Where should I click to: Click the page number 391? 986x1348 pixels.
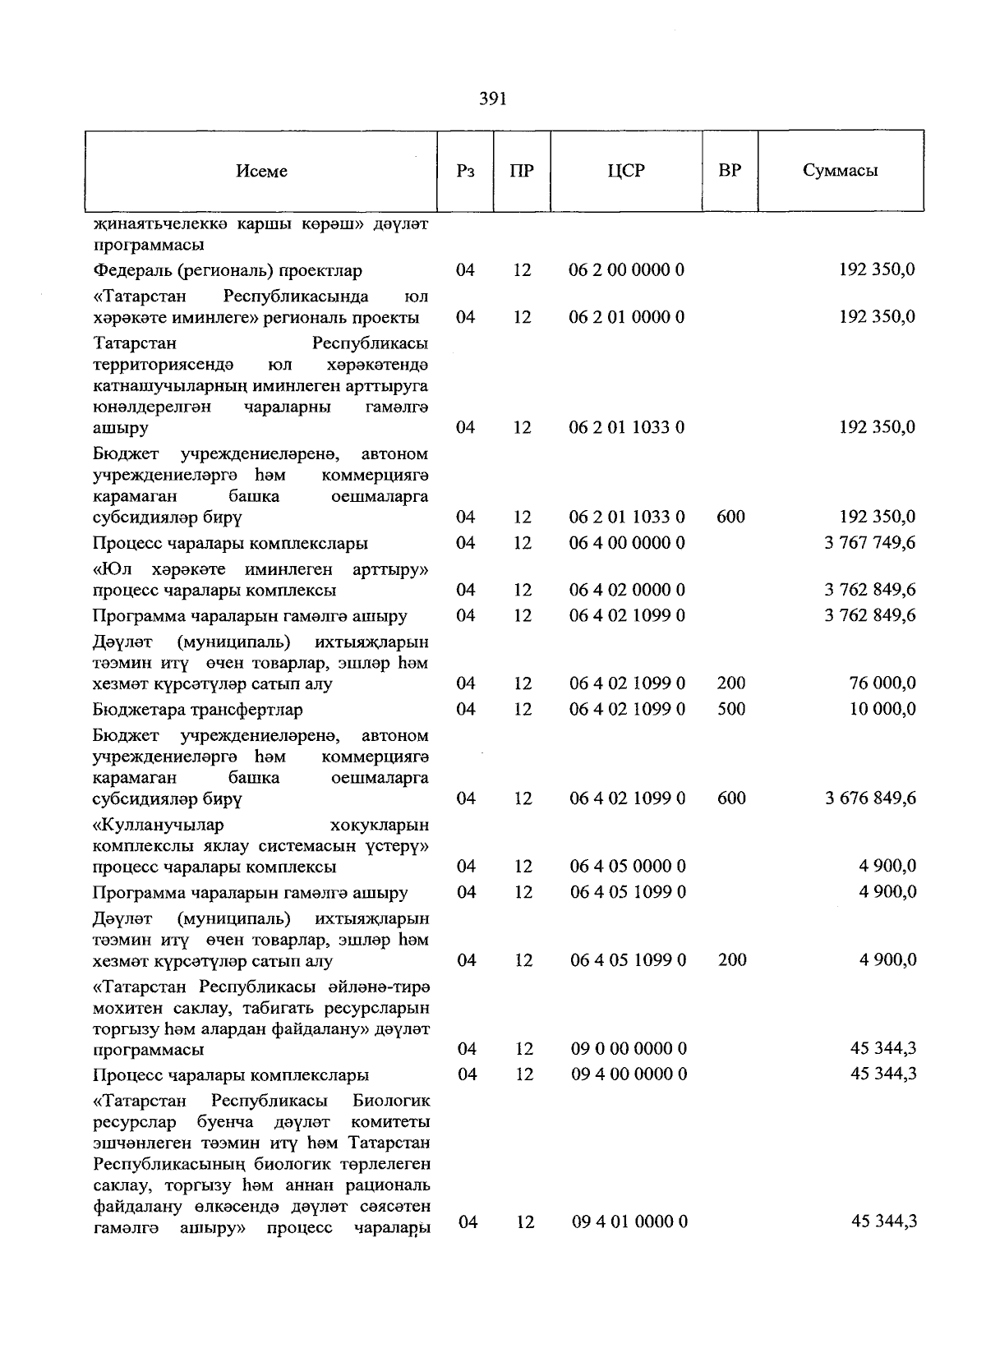click(492, 99)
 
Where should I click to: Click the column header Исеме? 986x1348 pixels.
click(261, 171)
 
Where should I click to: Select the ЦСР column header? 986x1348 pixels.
click(626, 171)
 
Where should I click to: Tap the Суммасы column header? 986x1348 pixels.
click(840, 171)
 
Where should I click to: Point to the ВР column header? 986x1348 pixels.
click(730, 171)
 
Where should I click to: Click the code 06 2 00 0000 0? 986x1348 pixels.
click(627, 270)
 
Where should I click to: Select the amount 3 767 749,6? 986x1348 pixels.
click(870, 543)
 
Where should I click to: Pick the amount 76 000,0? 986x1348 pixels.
click(882, 683)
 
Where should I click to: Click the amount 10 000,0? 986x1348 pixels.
click(882, 709)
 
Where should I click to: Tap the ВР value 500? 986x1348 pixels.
click(731, 709)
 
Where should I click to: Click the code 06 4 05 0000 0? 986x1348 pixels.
click(628, 867)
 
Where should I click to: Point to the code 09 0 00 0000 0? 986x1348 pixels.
click(629, 1049)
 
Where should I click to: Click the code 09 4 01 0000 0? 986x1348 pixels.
click(629, 1222)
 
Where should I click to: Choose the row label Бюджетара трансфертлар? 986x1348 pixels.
click(197, 710)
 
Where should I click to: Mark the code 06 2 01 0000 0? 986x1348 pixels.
click(627, 317)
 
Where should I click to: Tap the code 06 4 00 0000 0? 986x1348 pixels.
click(627, 543)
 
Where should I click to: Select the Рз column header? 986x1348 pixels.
click(465, 171)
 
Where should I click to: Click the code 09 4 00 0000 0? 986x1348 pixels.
click(629, 1074)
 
